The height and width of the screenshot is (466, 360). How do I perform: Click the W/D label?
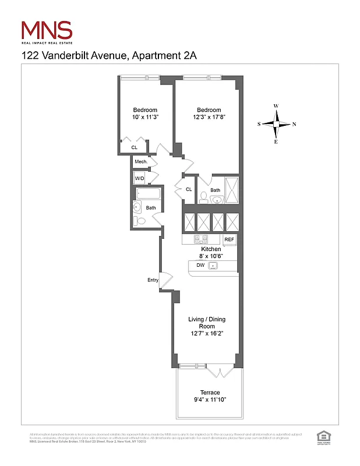click(x=140, y=178)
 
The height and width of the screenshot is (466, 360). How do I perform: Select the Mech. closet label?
click(x=140, y=161)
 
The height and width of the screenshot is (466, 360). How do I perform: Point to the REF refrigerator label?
click(x=229, y=239)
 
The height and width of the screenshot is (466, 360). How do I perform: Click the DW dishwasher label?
click(x=200, y=265)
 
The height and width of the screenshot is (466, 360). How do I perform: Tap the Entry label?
click(x=153, y=280)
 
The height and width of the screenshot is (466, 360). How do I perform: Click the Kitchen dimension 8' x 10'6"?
click(x=211, y=256)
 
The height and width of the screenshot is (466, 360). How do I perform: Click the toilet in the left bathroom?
click(x=140, y=221)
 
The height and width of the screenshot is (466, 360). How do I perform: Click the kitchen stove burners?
click(x=201, y=239)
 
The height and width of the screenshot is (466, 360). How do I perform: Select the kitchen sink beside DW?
click(x=213, y=266)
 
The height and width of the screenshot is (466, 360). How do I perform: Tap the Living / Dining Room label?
click(x=206, y=323)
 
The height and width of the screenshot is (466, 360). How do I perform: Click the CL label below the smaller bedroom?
click(x=134, y=148)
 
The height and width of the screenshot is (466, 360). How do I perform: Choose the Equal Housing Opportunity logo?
click(x=322, y=436)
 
